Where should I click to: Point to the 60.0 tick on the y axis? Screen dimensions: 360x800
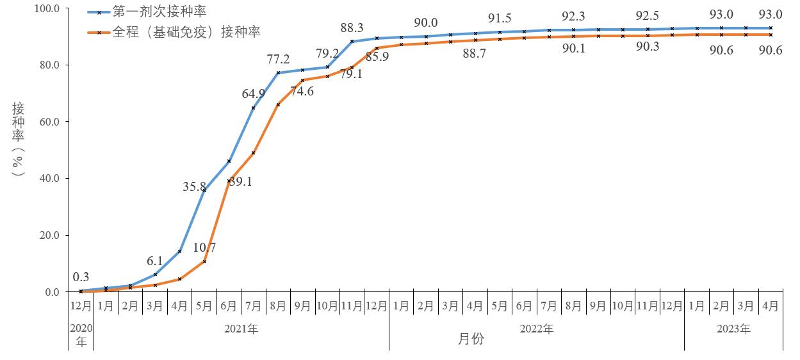48,122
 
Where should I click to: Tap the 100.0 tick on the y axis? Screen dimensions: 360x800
46,8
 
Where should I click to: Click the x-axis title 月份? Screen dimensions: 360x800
471,340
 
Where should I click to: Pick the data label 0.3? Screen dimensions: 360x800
81,277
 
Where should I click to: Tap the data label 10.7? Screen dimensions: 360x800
205,247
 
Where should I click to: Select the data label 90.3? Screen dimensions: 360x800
648,47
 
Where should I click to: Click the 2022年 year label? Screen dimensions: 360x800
537,329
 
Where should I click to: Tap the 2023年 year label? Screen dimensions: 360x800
733,329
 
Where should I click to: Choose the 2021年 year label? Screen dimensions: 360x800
241,329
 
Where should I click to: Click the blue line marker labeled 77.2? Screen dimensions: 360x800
278,72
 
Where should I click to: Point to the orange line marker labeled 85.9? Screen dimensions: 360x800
377,48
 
